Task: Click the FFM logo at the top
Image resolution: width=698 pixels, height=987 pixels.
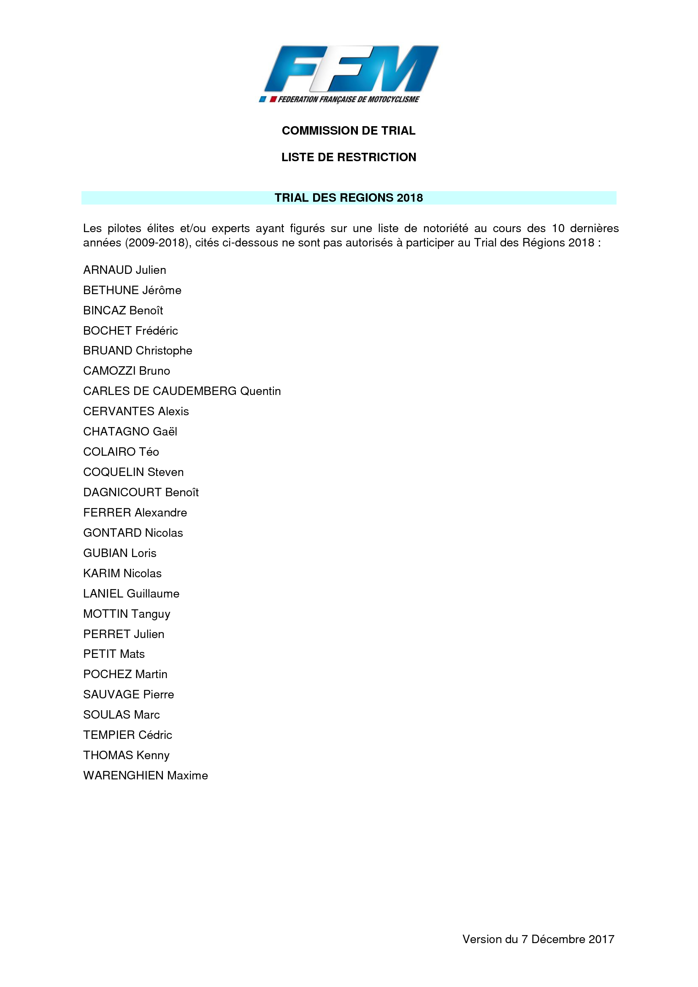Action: [x=349, y=74]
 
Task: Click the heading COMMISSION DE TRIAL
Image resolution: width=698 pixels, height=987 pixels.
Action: [x=349, y=131]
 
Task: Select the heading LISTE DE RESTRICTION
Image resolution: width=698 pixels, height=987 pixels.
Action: [x=349, y=157]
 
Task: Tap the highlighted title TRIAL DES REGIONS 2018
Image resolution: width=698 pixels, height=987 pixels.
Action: [x=349, y=198]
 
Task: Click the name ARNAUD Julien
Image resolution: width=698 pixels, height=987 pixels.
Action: [x=124, y=270]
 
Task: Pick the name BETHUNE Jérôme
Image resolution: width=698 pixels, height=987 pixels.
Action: [x=133, y=290]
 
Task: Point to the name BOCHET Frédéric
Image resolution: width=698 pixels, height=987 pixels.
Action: [x=131, y=330]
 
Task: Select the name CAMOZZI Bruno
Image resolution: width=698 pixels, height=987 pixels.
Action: [x=127, y=371]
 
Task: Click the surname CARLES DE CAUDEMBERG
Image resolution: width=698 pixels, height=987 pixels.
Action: [x=160, y=391]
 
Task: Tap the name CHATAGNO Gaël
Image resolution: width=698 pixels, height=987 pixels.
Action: [x=130, y=432]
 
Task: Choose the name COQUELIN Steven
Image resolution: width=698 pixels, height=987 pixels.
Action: [x=134, y=472]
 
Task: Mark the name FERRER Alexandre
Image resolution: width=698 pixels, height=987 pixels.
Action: [x=135, y=512]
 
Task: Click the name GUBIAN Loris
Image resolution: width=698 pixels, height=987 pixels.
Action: [x=120, y=553]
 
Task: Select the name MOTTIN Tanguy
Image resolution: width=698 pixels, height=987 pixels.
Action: [x=127, y=614]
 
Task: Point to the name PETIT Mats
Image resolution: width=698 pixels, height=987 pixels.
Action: [x=114, y=654]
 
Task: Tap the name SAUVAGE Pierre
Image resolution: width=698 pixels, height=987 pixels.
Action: [x=129, y=695]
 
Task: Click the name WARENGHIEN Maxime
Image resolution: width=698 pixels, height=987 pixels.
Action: [x=146, y=776]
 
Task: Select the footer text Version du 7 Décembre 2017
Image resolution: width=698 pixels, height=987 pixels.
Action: [x=538, y=939]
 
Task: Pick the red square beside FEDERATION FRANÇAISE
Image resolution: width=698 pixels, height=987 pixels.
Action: [x=273, y=100]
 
